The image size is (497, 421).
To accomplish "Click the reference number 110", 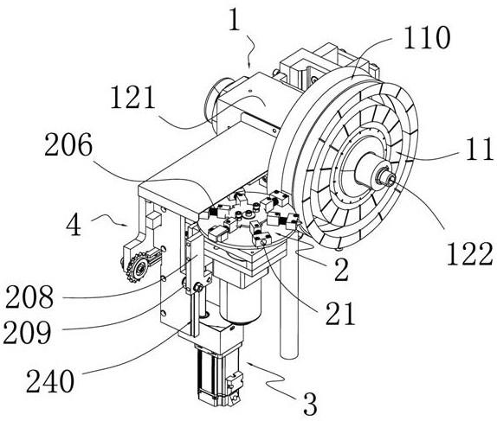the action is [427, 37].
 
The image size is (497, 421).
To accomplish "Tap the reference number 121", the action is [132, 98].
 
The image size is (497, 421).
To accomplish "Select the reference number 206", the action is [68, 144].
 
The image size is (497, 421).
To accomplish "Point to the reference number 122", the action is [470, 254].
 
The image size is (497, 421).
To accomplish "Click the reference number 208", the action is [29, 297].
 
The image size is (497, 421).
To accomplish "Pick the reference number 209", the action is [27, 333].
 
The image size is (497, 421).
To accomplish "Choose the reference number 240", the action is [50, 381].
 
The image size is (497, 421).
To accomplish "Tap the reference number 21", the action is [340, 314].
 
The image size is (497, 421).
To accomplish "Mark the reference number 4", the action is [74, 225].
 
